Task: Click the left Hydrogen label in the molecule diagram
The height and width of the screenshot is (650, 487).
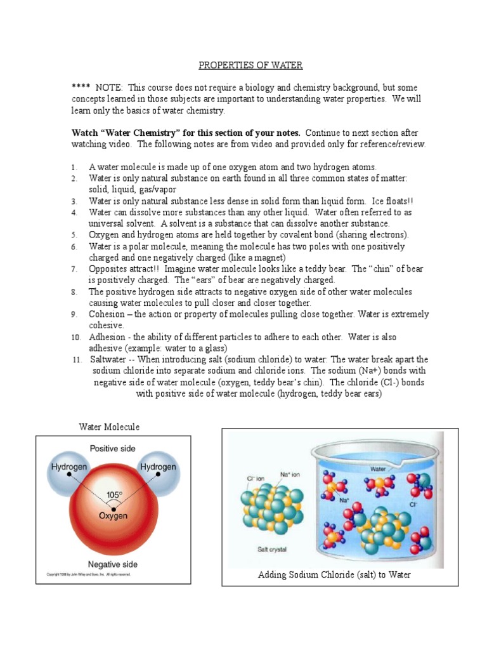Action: point(68,467)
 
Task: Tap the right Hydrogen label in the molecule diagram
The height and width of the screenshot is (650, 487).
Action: point(158,467)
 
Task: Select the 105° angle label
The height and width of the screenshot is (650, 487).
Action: point(114,494)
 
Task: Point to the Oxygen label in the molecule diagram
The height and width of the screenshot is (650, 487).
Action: point(113,516)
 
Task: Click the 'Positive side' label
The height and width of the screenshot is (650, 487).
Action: point(112,448)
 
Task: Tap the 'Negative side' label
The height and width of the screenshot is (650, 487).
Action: point(112,564)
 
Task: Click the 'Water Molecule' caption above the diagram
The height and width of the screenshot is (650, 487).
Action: point(109,427)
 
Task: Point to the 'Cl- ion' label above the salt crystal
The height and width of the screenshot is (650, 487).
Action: point(247,479)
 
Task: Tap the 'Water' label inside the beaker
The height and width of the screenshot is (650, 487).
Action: point(379,469)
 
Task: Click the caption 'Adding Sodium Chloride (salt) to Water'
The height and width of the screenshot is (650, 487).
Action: point(334,574)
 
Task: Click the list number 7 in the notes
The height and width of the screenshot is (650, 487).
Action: point(74,269)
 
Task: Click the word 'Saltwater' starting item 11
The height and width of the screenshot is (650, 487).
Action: point(110,359)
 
